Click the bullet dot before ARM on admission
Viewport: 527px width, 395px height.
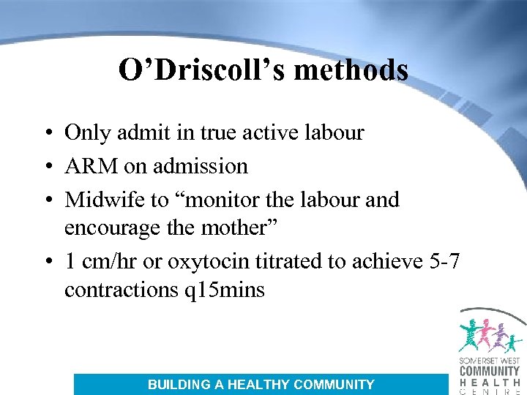46,167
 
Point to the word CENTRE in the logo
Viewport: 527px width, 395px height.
490,391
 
